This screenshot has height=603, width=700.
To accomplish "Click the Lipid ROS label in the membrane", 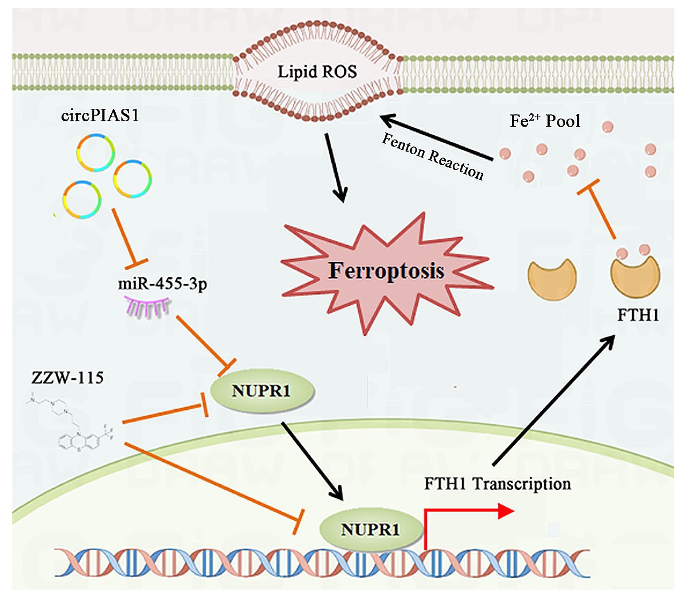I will pos(317,72).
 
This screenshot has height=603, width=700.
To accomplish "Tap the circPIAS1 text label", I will pos(100,116).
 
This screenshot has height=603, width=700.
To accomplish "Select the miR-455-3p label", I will pos(162,284).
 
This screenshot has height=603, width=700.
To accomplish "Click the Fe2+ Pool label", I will pos(545,121).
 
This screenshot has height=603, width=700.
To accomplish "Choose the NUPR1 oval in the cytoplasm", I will pos(261,391).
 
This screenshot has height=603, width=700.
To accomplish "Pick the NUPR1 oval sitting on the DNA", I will pos(370,529).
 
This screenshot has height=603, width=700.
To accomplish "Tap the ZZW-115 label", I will pos(68,378).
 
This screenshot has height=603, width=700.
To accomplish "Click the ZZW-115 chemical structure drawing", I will pos(71,422).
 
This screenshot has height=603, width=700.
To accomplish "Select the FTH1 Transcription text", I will pos(497,483).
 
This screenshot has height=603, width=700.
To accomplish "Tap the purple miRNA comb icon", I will pos(147,307).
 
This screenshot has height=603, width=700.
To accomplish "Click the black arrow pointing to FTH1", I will pos(554,400).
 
